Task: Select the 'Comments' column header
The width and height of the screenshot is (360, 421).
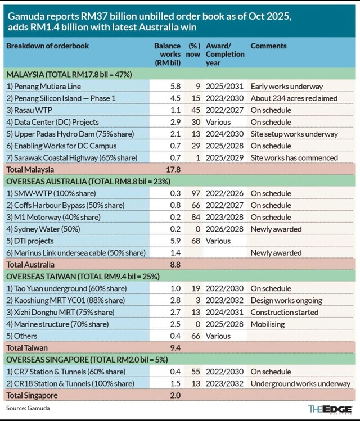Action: pyautogui.click(x=268, y=46)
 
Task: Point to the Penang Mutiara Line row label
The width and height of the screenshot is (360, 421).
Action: pyautogui.click(x=44, y=86)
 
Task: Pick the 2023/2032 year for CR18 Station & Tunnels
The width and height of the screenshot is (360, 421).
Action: pyautogui.click(x=225, y=383)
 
